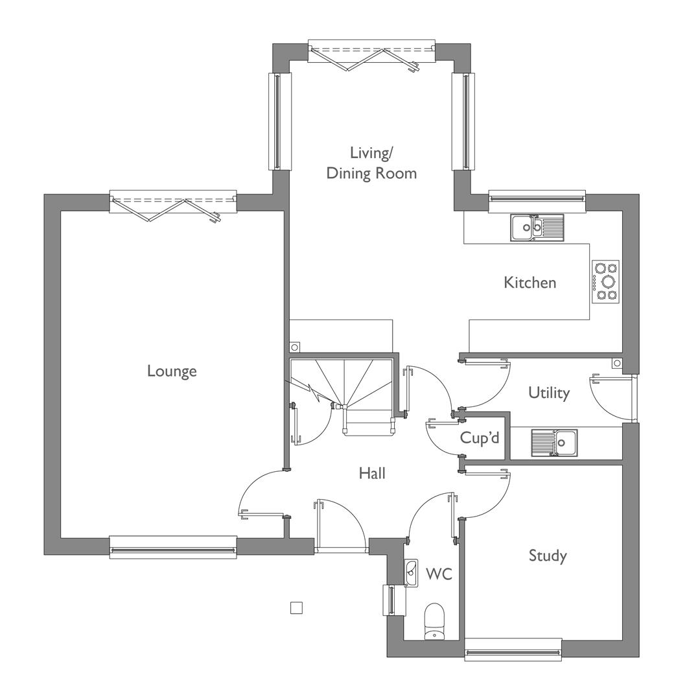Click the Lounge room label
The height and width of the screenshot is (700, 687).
coord(172,371)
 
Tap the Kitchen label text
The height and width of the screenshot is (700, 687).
coord(530,283)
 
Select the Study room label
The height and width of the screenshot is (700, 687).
coord(548,556)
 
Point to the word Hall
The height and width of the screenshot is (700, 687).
coord(372,473)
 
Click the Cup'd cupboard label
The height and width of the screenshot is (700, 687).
coord(480,437)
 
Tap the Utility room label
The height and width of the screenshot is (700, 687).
coord(549,393)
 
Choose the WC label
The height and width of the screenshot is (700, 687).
coord(439,574)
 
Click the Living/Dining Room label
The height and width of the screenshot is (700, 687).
coord(371,163)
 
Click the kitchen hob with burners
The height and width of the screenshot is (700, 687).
coord(606,282)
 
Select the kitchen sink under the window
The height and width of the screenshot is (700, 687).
coord(537,227)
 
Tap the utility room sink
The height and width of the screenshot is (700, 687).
coord(554,443)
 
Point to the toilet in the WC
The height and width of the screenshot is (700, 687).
coord(434,622)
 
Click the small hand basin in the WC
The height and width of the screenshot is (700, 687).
coord(411,573)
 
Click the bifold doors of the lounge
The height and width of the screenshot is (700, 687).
coord(173,207)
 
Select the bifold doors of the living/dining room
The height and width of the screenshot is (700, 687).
coord(371,56)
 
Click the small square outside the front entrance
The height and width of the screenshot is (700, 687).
coord(296,607)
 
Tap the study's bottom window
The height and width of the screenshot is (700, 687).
coord(513,649)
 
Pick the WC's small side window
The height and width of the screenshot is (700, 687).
coord(391,600)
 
